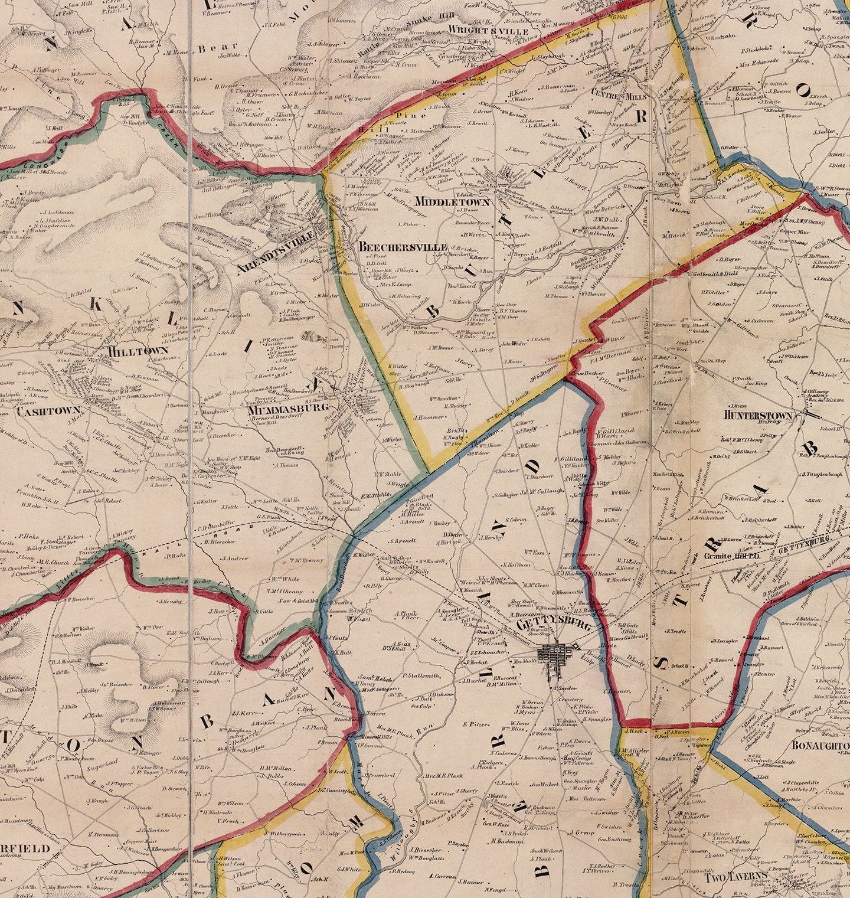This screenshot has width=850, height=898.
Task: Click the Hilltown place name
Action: click(138, 351)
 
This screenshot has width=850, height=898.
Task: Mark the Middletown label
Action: click(452, 202)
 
